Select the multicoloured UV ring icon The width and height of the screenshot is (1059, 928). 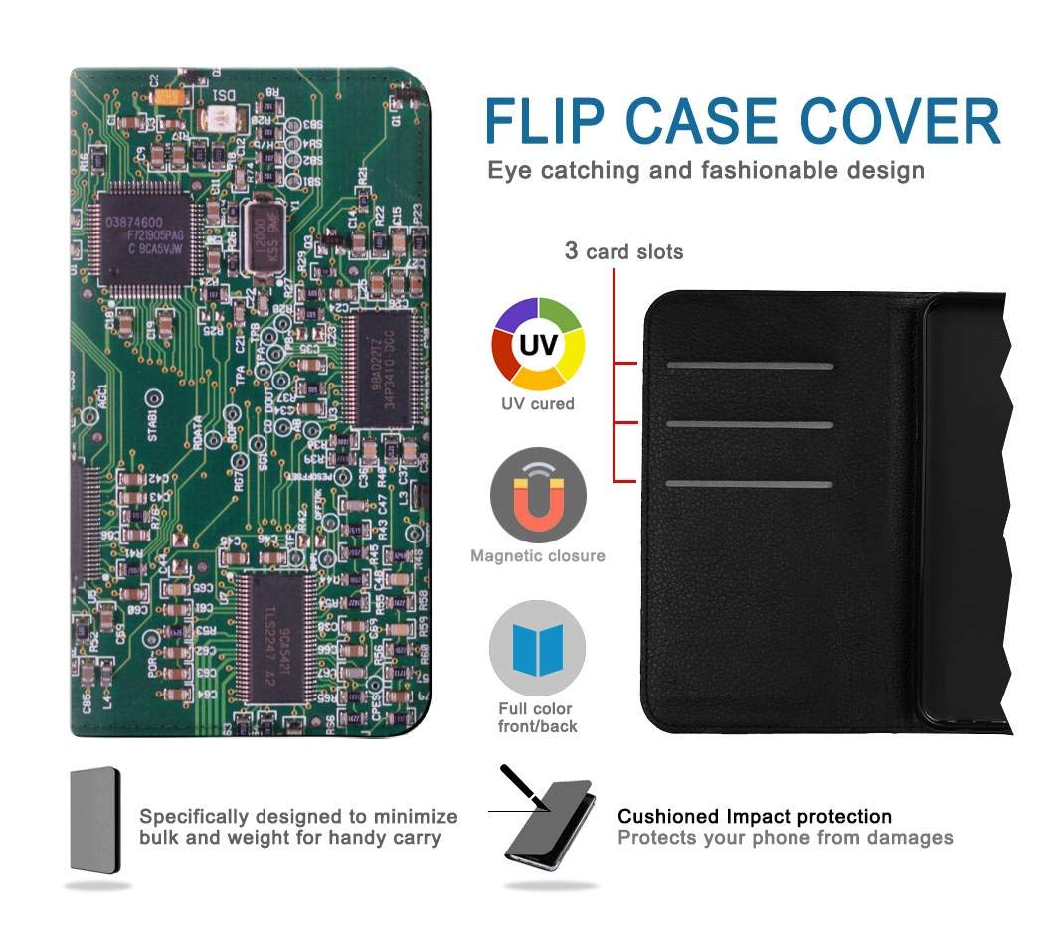[538, 344]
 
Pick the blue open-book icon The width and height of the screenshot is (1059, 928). [537, 648]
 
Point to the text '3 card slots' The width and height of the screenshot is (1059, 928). [623, 251]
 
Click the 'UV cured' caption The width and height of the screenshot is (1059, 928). [538, 404]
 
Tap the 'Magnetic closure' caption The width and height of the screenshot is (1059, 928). [538, 556]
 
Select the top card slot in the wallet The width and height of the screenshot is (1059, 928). [750, 366]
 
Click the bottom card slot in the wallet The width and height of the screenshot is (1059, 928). [750, 484]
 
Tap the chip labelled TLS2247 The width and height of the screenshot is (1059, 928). [277, 634]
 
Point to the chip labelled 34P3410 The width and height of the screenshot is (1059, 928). [379, 369]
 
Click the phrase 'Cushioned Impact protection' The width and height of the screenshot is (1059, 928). [755, 817]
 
